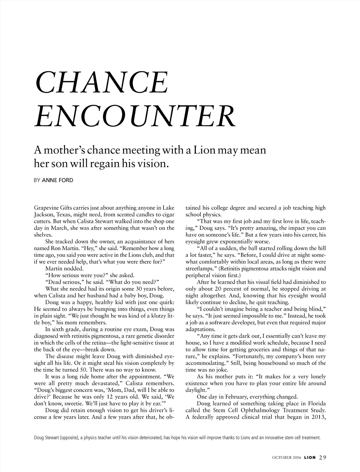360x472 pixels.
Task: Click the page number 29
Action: (x=323, y=457)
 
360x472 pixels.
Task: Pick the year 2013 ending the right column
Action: (x=318, y=417)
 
